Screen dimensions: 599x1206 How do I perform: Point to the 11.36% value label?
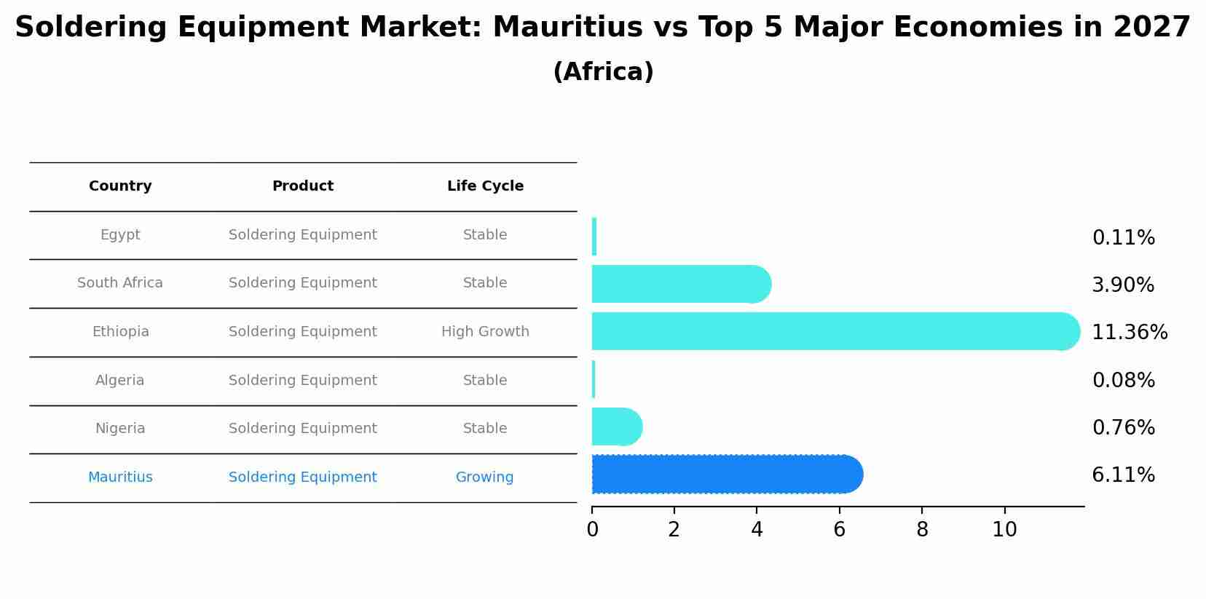1130,333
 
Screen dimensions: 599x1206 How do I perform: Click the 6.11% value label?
1123,475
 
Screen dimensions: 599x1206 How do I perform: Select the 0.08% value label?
1123,380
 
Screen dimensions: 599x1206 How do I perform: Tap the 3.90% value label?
1123,285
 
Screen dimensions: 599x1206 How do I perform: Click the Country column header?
120,186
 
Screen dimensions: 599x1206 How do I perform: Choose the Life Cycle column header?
485,186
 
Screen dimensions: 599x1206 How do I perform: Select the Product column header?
303,186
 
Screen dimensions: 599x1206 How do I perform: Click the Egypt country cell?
120,235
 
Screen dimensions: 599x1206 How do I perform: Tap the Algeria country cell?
120,381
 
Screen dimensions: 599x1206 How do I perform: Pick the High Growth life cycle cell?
485,332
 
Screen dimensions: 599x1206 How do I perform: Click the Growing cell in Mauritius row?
484,477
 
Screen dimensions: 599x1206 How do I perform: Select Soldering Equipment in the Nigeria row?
303,429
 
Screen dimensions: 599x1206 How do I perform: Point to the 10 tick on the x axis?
1004,530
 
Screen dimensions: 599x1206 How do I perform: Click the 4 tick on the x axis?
757,530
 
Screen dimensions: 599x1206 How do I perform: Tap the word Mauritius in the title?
567,28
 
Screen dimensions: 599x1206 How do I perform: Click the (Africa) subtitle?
603,72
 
